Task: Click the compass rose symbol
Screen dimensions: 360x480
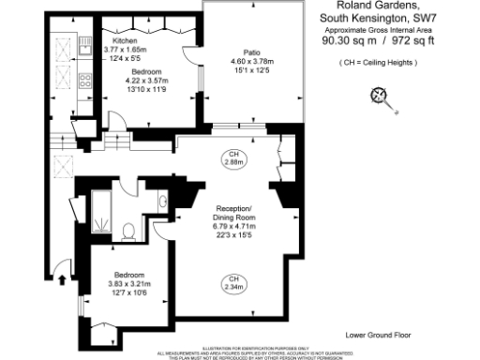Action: (380, 94)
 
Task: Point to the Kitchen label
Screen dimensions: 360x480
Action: (125, 42)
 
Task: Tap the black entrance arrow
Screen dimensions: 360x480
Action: (63, 277)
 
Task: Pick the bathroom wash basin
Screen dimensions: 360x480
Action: (162, 200)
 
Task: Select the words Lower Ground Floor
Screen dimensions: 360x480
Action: (377, 335)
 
